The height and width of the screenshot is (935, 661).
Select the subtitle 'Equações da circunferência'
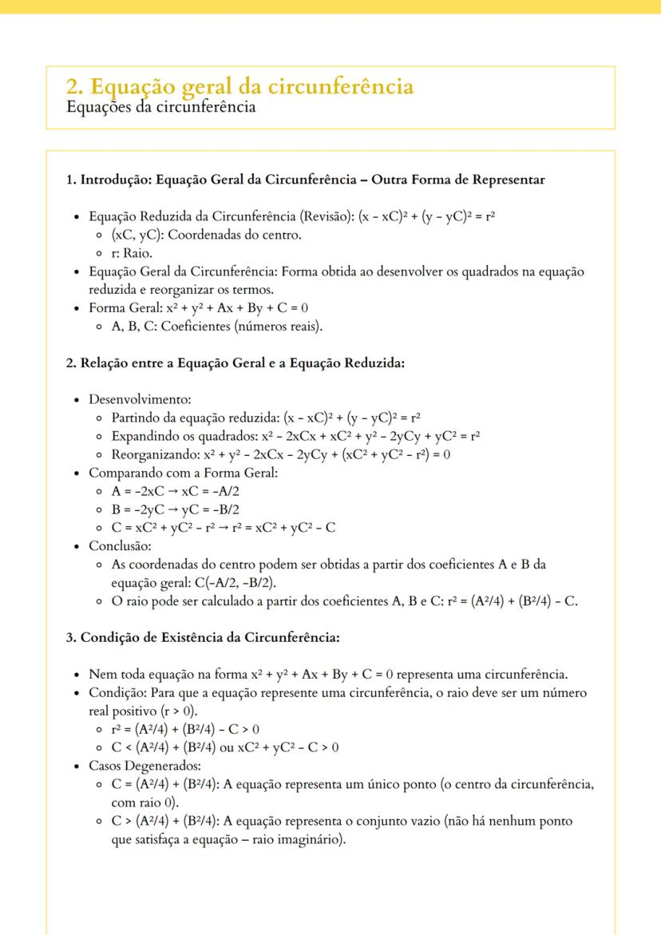tap(160, 106)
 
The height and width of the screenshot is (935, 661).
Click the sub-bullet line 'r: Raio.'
tap(137, 252)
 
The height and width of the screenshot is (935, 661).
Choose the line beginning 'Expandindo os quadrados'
tap(295, 435)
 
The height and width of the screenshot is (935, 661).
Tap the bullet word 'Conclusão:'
tap(120, 546)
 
